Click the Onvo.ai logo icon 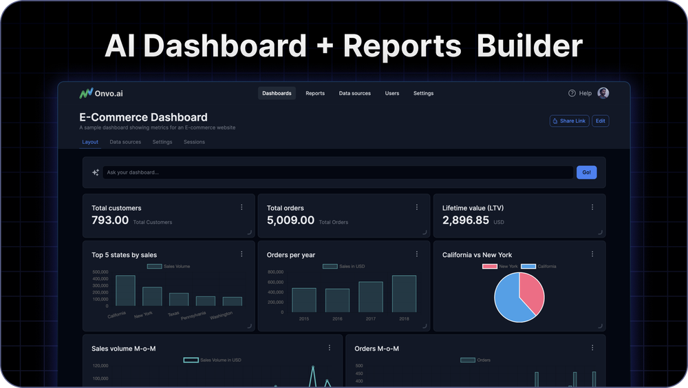coord(85,93)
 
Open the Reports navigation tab coord(315,93)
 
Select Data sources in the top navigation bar coord(354,93)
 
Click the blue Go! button coord(586,172)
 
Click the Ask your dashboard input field coord(337,172)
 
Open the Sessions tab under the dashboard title coord(194,142)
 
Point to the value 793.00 coord(110,221)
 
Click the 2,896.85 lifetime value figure coord(466,221)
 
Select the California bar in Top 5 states coord(125,290)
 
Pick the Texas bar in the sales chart coord(179,299)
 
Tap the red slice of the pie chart coord(531,292)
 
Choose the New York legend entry coord(500,266)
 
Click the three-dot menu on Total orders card coord(416,207)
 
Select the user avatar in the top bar coord(603,93)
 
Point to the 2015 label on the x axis coord(304,319)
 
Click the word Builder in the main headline coord(529,45)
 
